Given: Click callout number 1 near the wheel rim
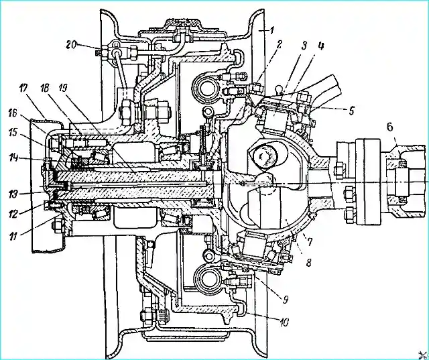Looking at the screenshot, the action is tap(271, 30).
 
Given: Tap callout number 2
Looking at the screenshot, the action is tap(278, 45).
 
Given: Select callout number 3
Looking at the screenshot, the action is tap(304, 46).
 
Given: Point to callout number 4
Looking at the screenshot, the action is tap(321, 46).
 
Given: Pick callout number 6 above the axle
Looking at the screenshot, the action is tap(389, 127).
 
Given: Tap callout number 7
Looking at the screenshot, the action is tap(310, 242).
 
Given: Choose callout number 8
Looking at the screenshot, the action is tap(308, 263).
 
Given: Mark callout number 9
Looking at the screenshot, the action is tap(286, 300).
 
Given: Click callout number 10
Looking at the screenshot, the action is tap(284, 322).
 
